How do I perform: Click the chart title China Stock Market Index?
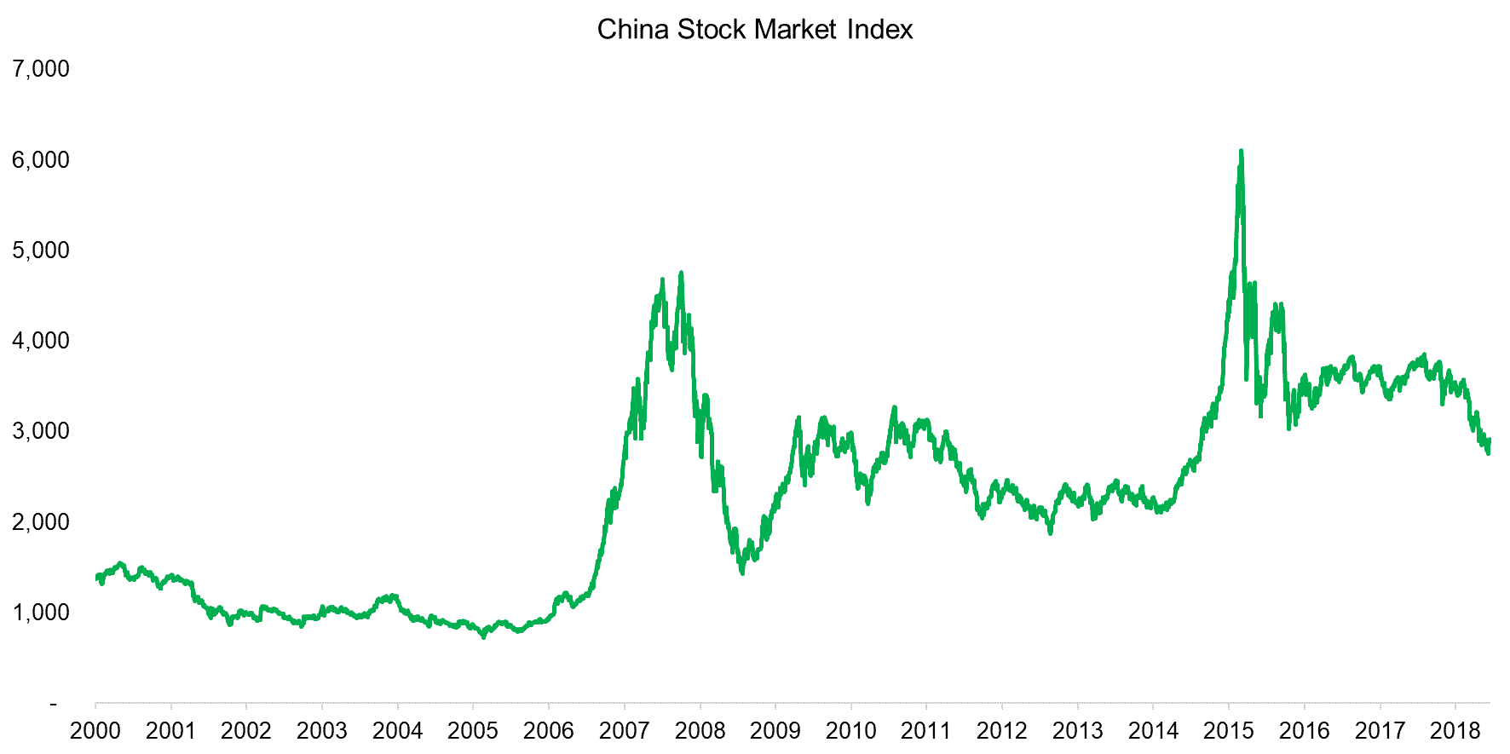pos(754,30)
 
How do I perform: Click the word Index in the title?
pos(880,30)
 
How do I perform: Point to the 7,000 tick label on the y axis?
pos(41,69)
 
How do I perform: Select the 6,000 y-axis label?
pos(41,159)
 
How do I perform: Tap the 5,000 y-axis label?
pos(41,250)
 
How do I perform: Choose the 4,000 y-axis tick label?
pos(41,341)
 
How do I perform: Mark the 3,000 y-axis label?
pos(41,431)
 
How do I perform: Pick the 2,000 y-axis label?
pos(41,521)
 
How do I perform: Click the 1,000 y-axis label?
pos(41,612)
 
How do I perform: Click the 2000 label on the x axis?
pos(95,731)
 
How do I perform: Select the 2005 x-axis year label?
pos(473,731)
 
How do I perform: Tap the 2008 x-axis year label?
pos(700,731)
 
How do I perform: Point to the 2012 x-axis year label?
pos(1002,731)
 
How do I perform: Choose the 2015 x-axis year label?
pos(1229,731)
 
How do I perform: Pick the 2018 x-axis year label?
pos(1455,731)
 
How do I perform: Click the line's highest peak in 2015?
pos(1241,152)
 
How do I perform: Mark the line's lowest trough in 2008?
pos(742,573)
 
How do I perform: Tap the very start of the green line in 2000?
pos(96,578)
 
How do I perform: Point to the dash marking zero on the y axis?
pos(54,704)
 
